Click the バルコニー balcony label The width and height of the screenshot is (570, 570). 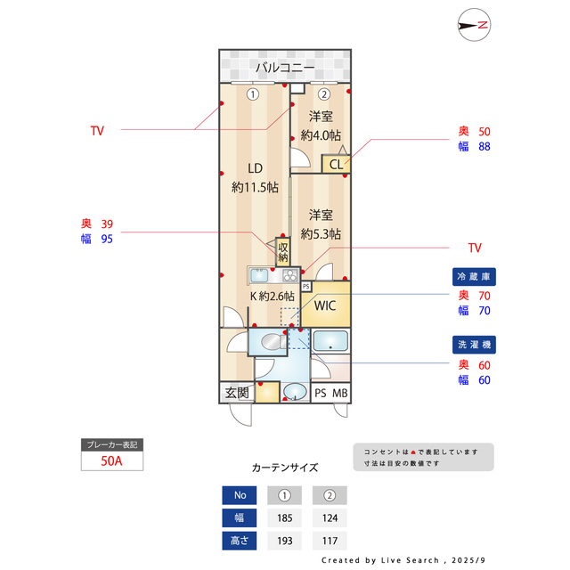point(285,68)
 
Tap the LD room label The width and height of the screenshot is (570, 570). point(255,168)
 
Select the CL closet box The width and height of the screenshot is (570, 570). point(337,164)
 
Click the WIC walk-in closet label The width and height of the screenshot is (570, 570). point(325,305)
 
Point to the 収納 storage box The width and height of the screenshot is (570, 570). point(283,252)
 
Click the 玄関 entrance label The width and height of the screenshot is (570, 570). point(237,393)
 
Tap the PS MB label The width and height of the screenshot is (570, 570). point(331,393)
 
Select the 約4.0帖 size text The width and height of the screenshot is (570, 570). point(322,135)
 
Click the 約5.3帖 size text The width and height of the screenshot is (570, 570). point(322,234)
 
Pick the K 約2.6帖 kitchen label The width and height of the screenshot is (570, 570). point(272,296)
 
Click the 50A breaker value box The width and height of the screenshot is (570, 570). point(111,461)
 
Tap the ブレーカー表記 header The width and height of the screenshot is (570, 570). point(111,444)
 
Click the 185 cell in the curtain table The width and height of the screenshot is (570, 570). point(285,517)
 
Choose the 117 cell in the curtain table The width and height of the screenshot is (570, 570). point(329,540)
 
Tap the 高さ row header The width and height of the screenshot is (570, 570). point(240,540)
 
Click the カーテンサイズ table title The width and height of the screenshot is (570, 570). point(285,467)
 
